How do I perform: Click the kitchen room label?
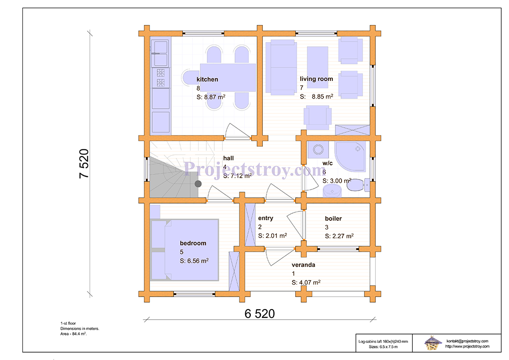click(207, 79)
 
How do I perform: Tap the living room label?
click(316, 79)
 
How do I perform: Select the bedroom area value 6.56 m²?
click(194, 261)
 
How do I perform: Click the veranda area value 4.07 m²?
click(306, 282)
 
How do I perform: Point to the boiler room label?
click(333, 218)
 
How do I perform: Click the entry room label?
click(266, 218)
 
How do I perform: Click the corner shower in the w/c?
click(350, 156)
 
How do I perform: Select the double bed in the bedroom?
click(185, 250)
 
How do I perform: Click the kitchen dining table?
click(228, 77)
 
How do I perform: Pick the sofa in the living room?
click(281, 67)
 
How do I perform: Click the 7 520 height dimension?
click(84, 164)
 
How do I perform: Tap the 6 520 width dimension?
click(260, 314)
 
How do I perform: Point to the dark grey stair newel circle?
click(198, 184)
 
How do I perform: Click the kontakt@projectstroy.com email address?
click(467, 341)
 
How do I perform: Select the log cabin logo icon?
click(433, 343)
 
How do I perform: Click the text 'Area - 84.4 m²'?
click(74, 334)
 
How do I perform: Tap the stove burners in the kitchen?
click(161, 78)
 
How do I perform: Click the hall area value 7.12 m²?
click(237, 176)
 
